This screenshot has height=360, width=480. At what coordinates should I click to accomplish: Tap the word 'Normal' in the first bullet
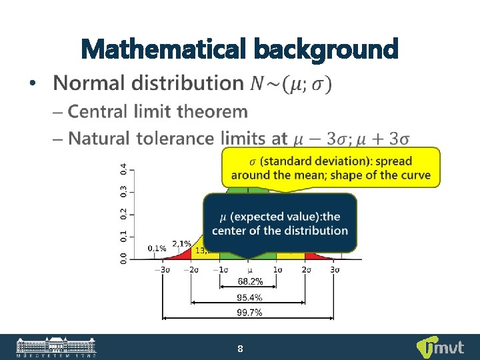[90, 83]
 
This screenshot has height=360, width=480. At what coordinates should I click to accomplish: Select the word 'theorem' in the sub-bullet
[214, 111]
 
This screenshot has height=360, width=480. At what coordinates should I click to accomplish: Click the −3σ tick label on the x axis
[162, 269]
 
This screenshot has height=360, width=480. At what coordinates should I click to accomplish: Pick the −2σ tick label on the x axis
[191, 269]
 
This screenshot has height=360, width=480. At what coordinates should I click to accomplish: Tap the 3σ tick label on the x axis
[335, 269]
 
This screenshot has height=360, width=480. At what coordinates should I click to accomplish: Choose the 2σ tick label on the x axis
[306, 269]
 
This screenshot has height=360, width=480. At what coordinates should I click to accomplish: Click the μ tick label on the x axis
[249, 270]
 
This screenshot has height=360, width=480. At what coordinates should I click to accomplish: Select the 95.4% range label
[249, 297]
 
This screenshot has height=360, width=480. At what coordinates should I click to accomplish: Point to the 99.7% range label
[249, 313]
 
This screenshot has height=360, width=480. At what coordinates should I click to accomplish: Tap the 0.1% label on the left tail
[157, 248]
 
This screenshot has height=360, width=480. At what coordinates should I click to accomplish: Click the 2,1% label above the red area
[181, 243]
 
